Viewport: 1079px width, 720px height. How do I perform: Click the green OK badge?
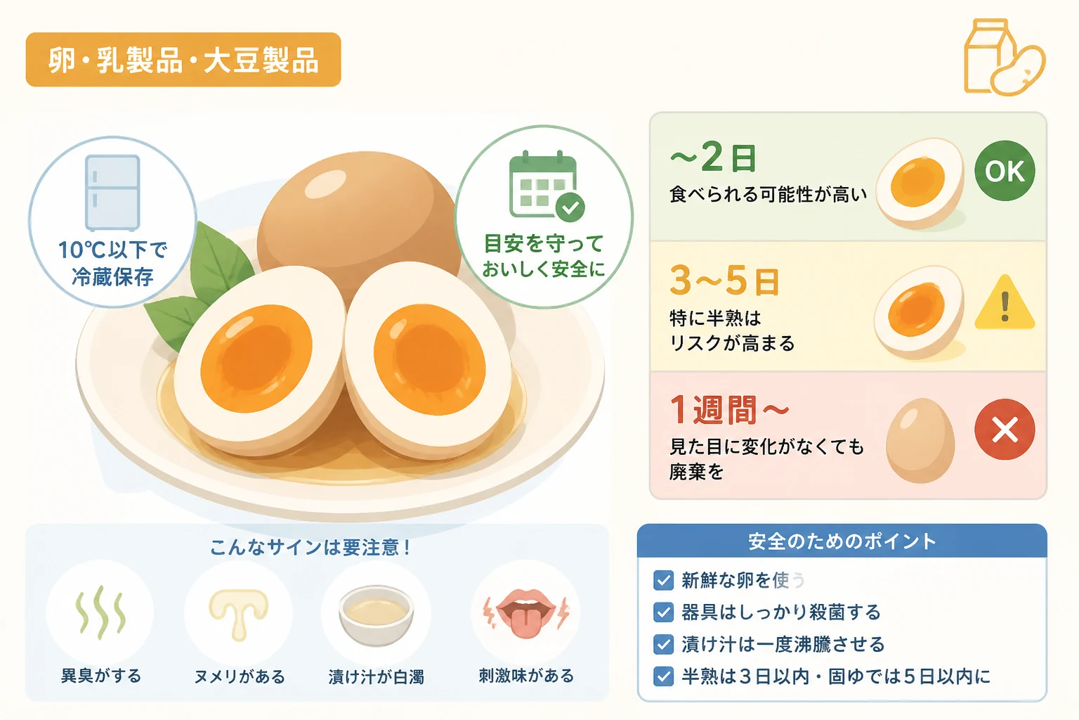click(1005, 171)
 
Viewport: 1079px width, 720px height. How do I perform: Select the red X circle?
click(1005, 429)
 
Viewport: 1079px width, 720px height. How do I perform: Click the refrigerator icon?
click(112, 193)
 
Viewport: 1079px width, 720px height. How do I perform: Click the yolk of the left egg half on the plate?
click(256, 359)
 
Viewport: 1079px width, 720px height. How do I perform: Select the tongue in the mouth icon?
click(525, 622)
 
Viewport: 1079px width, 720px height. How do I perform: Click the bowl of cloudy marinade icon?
click(377, 615)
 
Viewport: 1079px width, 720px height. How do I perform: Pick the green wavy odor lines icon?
click(100, 612)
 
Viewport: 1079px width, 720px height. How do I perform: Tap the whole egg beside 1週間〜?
click(920, 440)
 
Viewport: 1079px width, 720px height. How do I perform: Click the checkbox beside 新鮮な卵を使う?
click(663, 580)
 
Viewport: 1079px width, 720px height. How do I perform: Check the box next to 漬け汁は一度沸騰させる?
click(663, 644)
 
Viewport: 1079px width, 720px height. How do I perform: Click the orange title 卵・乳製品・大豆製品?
click(183, 60)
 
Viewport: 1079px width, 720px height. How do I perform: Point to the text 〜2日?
click(714, 157)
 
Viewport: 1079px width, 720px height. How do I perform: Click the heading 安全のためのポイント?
click(842, 541)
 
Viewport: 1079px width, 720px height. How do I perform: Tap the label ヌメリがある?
click(240, 676)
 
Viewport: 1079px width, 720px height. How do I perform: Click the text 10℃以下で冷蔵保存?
click(112, 263)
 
